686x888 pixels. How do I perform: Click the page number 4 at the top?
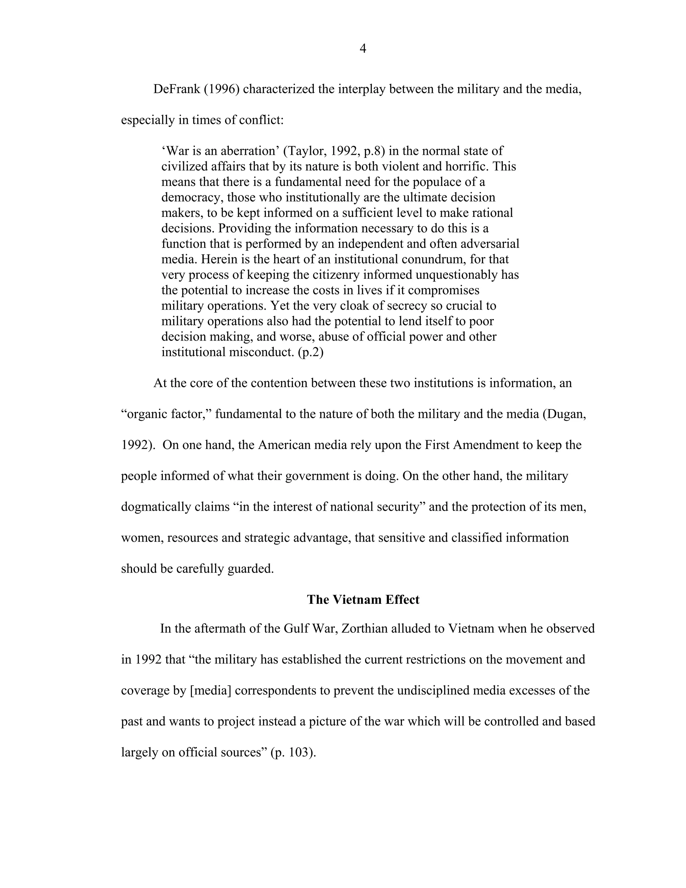(x=363, y=49)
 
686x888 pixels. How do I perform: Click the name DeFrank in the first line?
(x=177, y=89)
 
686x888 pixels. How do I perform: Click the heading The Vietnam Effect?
(x=363, y=600)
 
